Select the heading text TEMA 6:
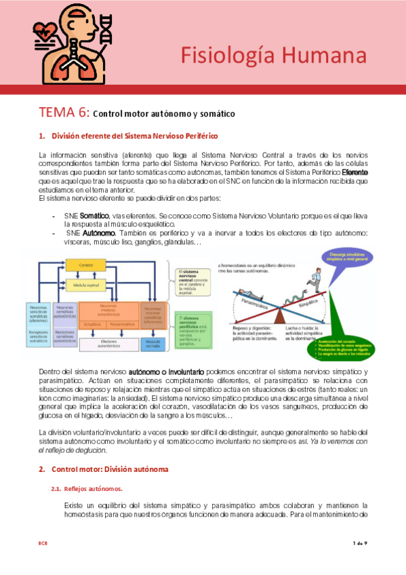[63, 112]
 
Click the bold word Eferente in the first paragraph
[354, 172]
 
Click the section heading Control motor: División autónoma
[108, 469]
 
